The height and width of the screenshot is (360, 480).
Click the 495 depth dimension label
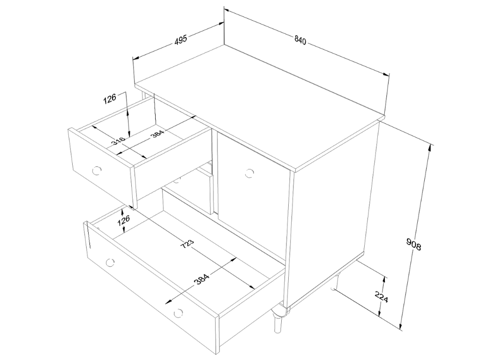point(180,40)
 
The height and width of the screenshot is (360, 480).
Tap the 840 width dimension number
point(300,40)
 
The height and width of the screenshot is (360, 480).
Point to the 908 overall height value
point(413,244)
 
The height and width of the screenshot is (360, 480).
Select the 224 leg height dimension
point(382,297)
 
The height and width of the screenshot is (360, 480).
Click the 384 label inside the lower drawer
point(202,279)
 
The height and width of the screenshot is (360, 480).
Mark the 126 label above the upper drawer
point(110,99)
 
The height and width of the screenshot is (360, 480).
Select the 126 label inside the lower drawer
point(124,220)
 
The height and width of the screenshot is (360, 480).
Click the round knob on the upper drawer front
point(97,170)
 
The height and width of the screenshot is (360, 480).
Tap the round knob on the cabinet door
point(249,173)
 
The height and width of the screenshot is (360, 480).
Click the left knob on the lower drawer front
point(110,262)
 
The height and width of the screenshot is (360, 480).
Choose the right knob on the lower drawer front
point(178,313)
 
